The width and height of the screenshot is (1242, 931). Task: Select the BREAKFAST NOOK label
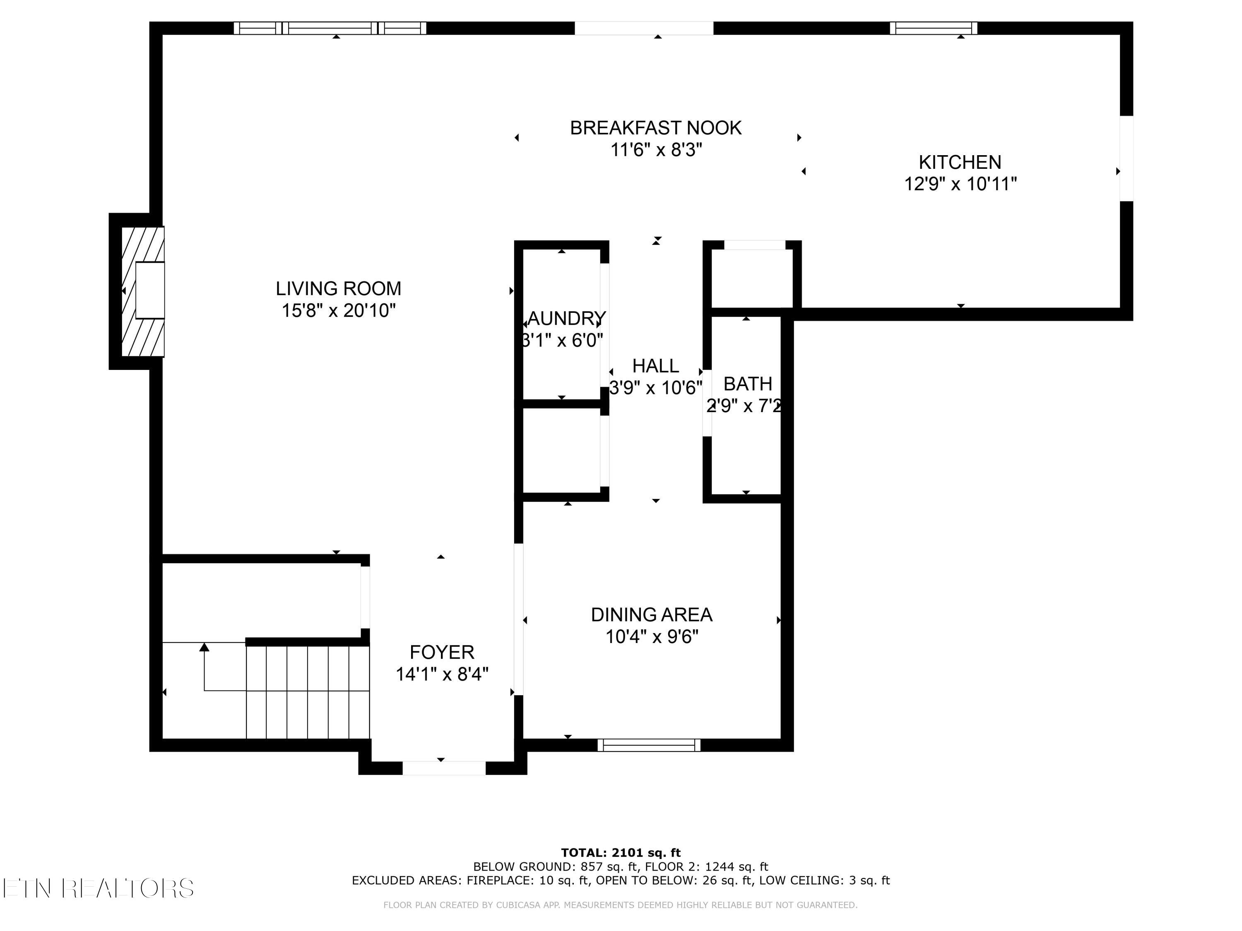click(x=655, y=128)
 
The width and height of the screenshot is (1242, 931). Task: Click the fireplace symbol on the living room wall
click(x=143, y=291)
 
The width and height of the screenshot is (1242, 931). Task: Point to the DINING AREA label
click(x=651, y=615)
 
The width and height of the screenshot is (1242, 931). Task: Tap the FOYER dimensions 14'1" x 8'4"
click(x=442, y=674)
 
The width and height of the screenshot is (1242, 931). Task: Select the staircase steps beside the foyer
click(x=308, y=691)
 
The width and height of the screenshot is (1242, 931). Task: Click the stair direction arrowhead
click(x=205, y=647)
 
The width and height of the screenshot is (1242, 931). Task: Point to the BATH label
click(x=747, y=384)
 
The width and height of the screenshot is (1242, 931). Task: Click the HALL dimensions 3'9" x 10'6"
click(x=655, y=388)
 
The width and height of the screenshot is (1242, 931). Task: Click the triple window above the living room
click(x=330, y=28)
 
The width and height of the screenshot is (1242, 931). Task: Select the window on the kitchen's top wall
click(x=933, y=28)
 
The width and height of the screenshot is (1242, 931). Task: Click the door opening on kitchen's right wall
click(x=1126, y=158)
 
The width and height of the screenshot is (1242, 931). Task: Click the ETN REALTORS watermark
click(x=98, y=888)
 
